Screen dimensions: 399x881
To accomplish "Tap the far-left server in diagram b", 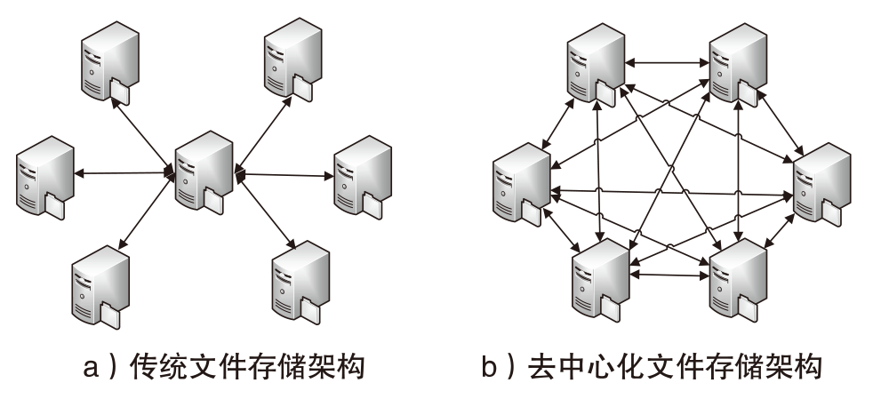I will click(521, 182).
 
